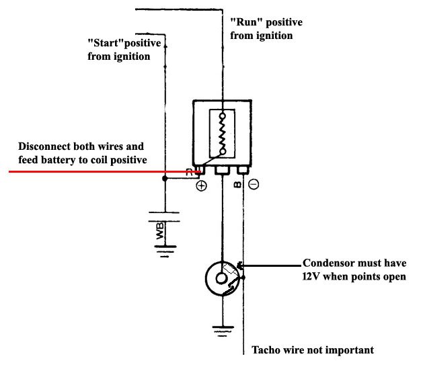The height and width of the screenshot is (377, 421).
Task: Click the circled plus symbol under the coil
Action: (x=201, y=185)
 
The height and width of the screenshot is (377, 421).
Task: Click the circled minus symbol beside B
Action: (x=254, y=184)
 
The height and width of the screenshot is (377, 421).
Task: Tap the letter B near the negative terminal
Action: (x=237, y=184)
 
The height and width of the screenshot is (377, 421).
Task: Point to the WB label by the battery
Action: (x=160, y=231)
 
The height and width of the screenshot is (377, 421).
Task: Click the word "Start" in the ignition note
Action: (x=106, y=43)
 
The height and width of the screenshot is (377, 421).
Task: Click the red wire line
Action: (x=105, y=171)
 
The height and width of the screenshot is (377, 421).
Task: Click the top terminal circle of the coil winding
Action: (x=223, y=116)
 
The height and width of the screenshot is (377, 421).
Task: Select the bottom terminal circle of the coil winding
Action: (x=223, y=152)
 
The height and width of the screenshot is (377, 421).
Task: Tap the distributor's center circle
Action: (x=221, y=278)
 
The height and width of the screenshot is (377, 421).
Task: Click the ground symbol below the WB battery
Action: (x=165, y=251)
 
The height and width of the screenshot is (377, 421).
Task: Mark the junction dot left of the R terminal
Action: (x=165, y=179)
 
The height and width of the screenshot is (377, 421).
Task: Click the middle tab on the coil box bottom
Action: (x=222, y=170)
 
